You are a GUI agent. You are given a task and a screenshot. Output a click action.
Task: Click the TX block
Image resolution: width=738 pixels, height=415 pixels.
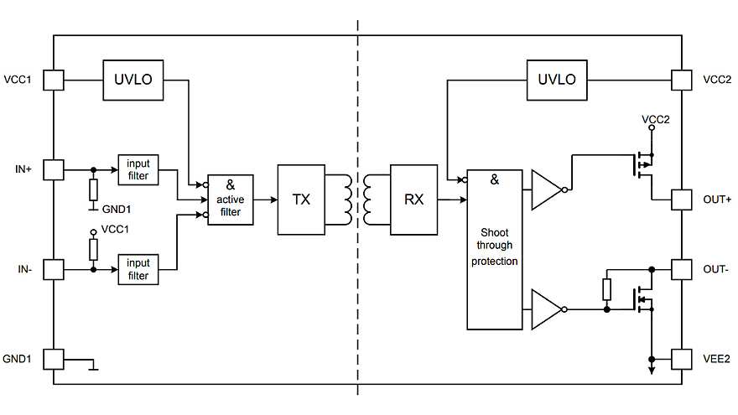click(x=302, y=200)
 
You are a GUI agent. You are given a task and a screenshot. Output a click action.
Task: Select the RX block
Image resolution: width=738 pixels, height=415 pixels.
click(x=414, y=200)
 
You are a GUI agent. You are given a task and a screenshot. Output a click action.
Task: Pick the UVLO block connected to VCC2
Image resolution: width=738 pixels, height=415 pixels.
click(x=557, y=80)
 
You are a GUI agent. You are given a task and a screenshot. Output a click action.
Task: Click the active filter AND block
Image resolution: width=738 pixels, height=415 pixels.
click(x=230, y=200)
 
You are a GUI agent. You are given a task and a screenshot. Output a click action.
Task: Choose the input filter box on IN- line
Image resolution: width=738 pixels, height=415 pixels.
click(x=138, y=269)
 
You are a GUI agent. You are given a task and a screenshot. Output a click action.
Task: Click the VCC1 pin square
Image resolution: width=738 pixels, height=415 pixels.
click(x=54, y=80)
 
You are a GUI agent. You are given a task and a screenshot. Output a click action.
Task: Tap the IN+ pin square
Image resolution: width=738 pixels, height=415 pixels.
click(x=54, y=170)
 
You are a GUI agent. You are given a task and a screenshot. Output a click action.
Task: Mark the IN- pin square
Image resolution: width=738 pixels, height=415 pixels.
click(x=54, y=269)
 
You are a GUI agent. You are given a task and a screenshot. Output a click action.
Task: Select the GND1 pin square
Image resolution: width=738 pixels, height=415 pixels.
click(x=54, y=359)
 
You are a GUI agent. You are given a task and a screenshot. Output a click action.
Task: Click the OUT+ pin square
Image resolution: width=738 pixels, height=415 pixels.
click(x=683, y=200)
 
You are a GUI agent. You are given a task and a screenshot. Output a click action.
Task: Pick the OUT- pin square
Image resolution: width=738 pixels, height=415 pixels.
click(x=683, y=269)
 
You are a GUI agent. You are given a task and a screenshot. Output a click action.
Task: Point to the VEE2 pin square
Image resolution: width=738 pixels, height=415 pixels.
click(x=683, y=359)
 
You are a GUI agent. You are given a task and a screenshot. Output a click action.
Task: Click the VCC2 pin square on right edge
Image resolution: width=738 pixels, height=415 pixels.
click(x=683, y=80)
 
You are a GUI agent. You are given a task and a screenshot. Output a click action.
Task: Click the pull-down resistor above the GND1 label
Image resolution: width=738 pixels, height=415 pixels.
click(x=94, y=189)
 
